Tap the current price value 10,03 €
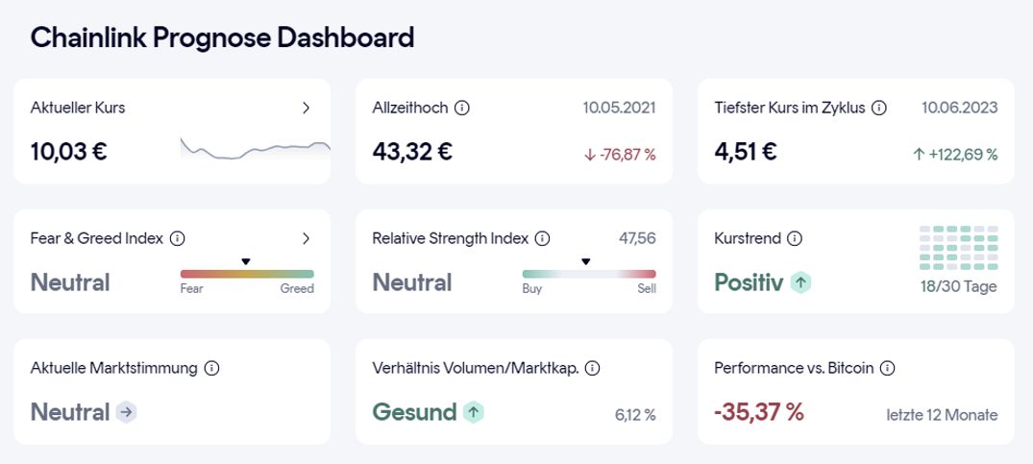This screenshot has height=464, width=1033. [x=68, y=151]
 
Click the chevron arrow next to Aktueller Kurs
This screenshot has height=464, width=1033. [x=306, y=108]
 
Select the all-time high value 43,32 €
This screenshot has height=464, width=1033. [x=412, y=151]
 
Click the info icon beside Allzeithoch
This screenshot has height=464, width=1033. [x=461, y=108]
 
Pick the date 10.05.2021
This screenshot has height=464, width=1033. [x=619, y=108]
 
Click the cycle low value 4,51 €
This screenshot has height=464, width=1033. [x=746, y=151]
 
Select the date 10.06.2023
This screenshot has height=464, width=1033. [x=959, y=108]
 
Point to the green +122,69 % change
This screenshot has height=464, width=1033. [x=954, y=154]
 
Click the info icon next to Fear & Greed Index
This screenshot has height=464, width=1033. [x=177, y=238]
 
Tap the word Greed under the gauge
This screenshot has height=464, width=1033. [x=297, y=288]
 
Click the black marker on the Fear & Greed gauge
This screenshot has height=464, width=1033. [x=245, y=261]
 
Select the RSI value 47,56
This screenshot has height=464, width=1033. [x=638, y=238]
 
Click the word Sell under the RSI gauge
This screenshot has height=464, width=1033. [x=647, y=288]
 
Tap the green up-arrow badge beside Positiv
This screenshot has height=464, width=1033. [x=801, y=282]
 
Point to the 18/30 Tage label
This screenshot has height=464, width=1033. [x=958, y=286]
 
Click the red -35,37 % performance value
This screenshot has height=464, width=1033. [x=758, y=412]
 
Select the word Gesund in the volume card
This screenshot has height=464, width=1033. [x=414, y=412]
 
